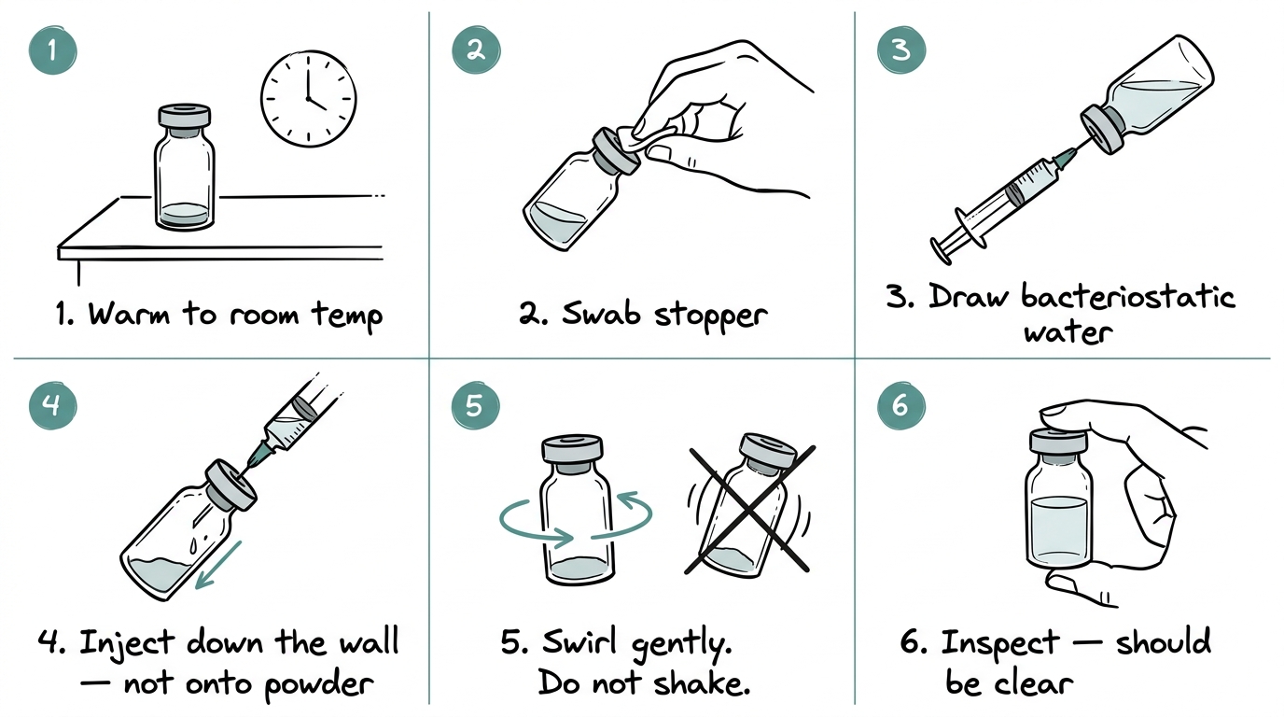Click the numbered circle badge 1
point(53,50)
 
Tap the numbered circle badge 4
point(53,406)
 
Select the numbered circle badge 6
point(901,406)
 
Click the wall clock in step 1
point(308,99)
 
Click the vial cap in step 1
point(185,117)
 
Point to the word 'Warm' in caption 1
point(130,315)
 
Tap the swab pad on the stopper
point(644,137)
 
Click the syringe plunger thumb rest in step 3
point(941,251)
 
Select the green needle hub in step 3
point(1063,157)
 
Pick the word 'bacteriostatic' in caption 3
point(1128,298)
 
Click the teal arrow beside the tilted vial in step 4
point(217,565)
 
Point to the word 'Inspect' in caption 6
point(1000,642)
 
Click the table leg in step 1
point(78,272)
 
